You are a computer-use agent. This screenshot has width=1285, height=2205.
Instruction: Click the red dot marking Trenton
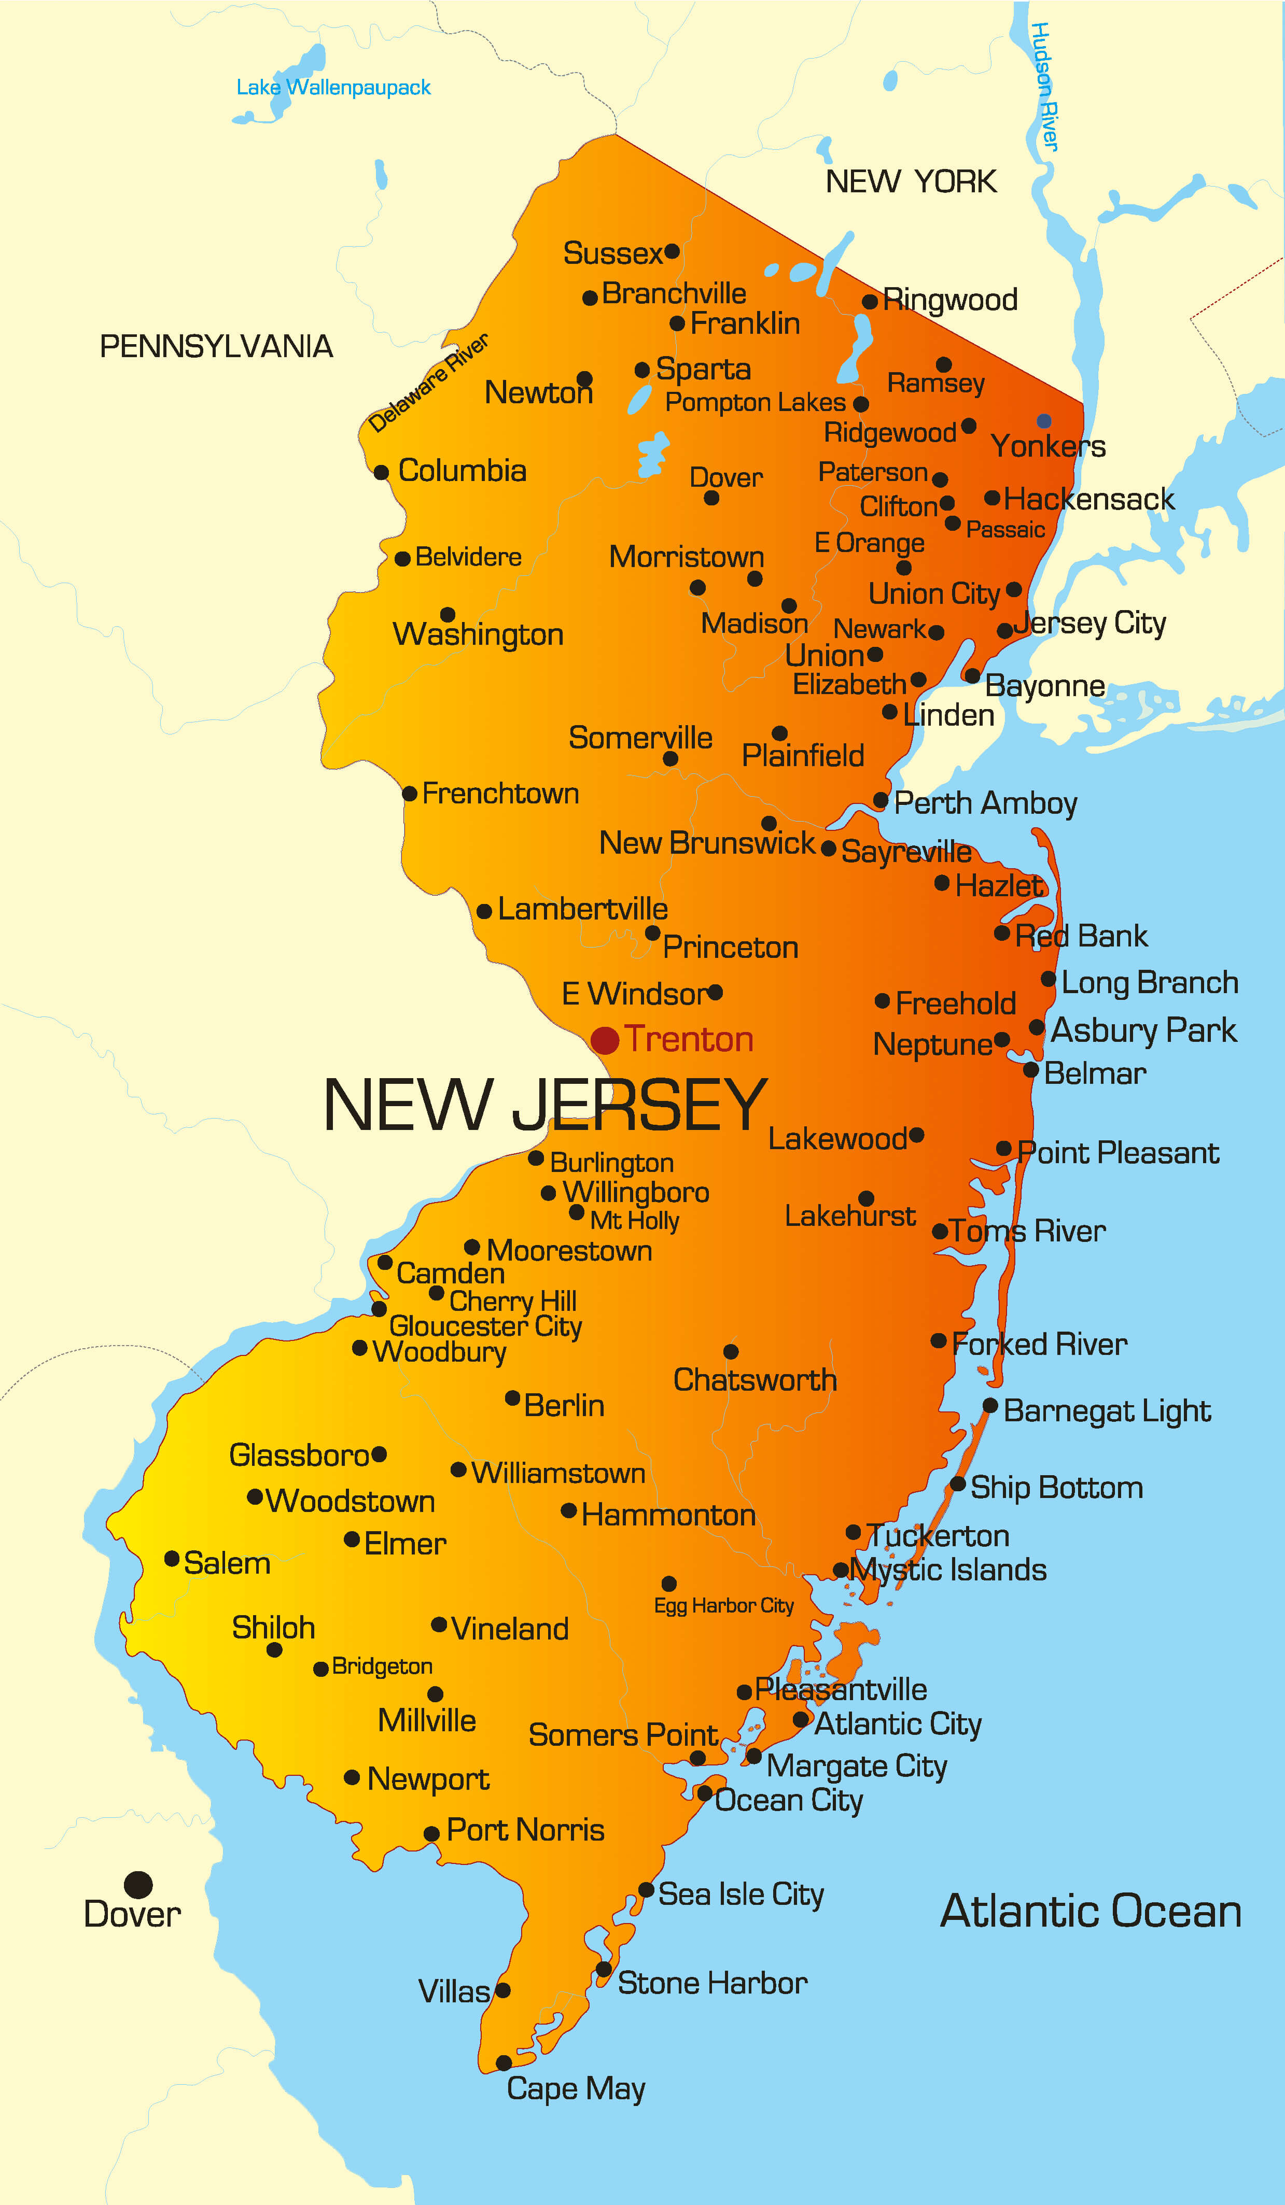(605, 1040)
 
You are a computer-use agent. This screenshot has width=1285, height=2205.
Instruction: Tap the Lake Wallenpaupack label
(333, 88)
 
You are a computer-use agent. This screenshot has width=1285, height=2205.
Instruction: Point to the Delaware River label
(428, 383)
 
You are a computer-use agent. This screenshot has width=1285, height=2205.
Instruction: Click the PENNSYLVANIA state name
(216, 346)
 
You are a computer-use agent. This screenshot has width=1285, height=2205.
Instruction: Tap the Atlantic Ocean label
(1090, 1911)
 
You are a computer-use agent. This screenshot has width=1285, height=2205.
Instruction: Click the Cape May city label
(576, 2088)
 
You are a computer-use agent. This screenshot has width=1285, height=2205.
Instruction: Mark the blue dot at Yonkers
(1043, 421)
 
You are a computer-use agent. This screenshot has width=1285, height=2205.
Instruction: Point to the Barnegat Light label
(1107, 1411)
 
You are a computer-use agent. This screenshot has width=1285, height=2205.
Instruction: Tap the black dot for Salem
(173, 1558)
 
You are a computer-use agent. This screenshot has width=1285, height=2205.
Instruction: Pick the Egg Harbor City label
(724, 1606)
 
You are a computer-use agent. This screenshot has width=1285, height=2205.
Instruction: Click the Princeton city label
(730, 948)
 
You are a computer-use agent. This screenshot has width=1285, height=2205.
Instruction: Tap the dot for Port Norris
(431, 1834)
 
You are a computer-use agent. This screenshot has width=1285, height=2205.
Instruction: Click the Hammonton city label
(668, 1516)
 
